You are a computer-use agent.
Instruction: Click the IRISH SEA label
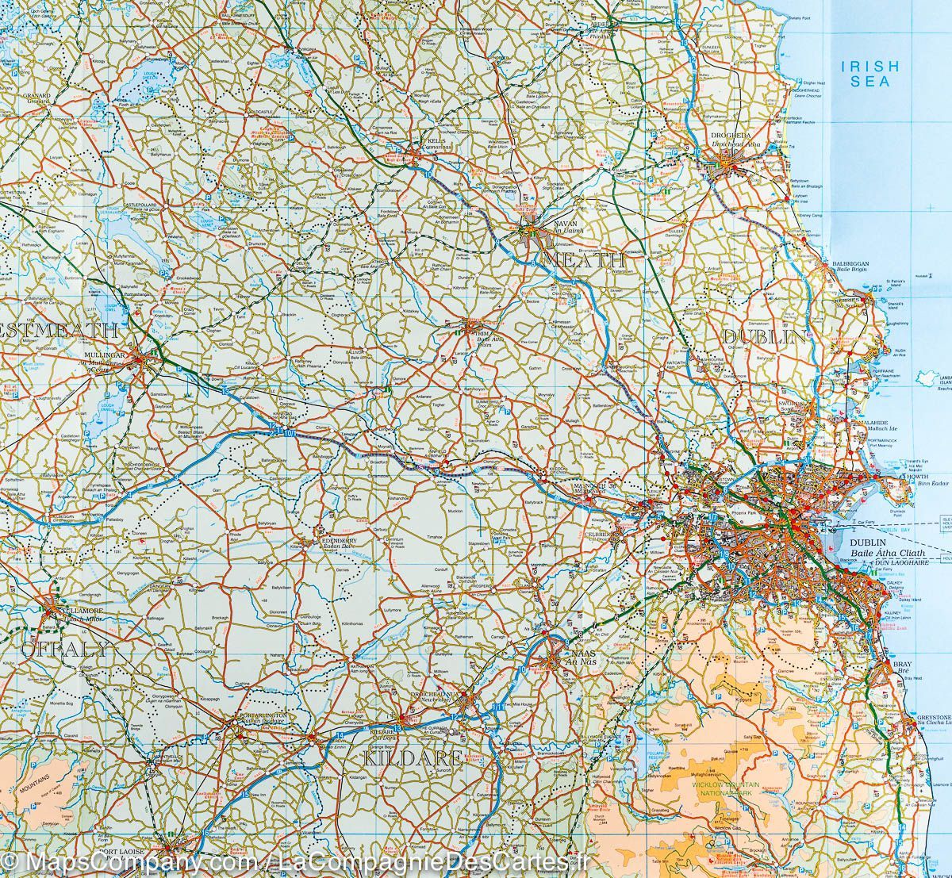click(869, 74)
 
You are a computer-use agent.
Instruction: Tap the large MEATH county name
click(585, 260)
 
